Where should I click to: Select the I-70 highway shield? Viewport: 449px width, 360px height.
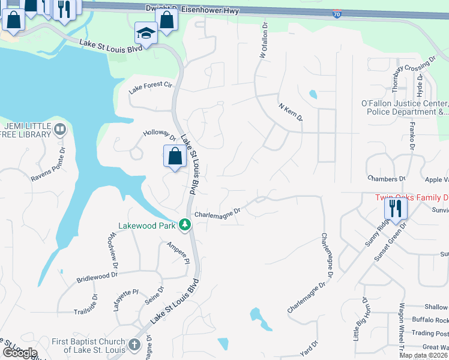[x=338, y=13]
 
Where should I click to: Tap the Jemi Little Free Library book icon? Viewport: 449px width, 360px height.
[x=60, y=128]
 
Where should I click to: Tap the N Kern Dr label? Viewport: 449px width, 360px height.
[x=291, y=112]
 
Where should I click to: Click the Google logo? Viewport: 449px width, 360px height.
[x=20, y=353]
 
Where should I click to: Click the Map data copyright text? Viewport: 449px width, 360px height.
[x=423, y=355]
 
